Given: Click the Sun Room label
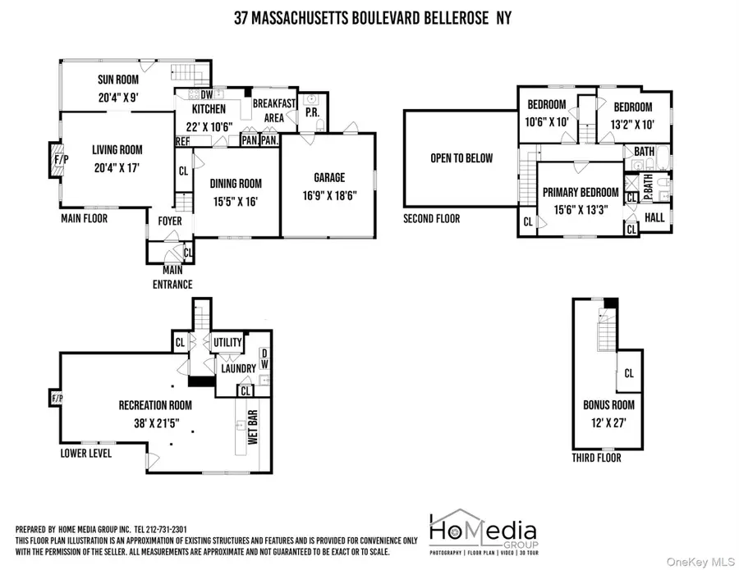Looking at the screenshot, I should (117, 80).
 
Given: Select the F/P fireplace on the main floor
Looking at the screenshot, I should (54, 159).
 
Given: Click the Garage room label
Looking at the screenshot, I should (329, 177).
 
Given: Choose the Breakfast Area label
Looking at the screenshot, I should (273, 111).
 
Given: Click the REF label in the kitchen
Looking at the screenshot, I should (182, 141).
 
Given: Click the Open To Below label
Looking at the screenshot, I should (461, 157).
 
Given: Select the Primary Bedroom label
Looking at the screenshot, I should (581, 193).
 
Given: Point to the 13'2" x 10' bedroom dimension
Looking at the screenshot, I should (631, 124).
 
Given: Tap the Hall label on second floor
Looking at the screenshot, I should (654, 217).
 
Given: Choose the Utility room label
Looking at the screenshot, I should (227, 343).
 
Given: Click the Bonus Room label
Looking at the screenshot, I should (608, 405).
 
